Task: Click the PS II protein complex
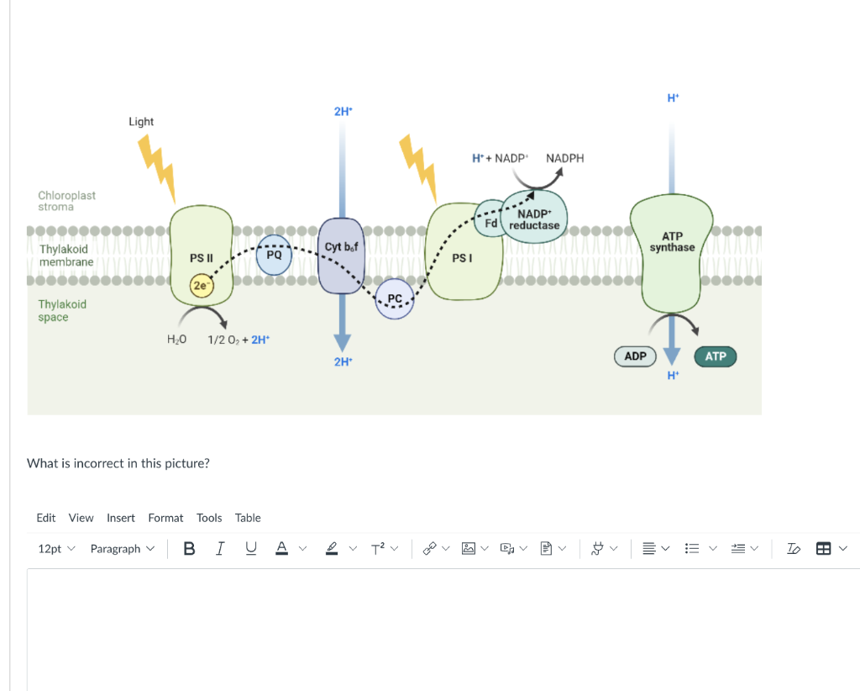[201, 248]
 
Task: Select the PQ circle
[274, 254]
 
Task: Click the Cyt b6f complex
[340, 256]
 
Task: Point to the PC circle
[394, 300]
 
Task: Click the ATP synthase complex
[671, 252]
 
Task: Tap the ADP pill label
[636, 356]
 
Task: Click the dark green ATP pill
[716, 356]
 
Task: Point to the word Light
[141, 122]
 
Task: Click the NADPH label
[564, 158]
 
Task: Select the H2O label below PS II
[176, 340]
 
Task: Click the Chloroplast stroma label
[66, 201]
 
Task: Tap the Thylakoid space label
[62, 311]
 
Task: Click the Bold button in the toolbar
[189, 549]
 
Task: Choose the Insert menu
[121, 518]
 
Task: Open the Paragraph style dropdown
[123, 549]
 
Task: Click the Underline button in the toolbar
[250, 549]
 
